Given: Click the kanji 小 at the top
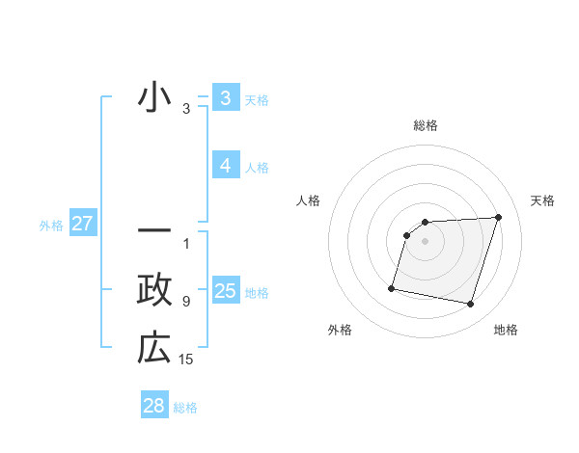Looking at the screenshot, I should pyautogui.click(x=154, y=99).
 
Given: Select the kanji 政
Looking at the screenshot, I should pyautogui.click(x=154, y=290).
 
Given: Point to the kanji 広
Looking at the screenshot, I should pyautogui.click(x=154, y=348).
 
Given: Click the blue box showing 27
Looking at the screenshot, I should pyautogui.click(x=82, y=225).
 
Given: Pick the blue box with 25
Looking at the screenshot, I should pyautogui.click(x=225, y=291).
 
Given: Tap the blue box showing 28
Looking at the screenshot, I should pyautogui.click(x=154, y=406).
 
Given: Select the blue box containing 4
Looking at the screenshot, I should pyautogui.click(x=225, y=166).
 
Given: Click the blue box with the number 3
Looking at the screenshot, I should pyautogui.click(x=225, y=98).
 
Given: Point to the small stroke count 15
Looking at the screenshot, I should pyautogui.click(x=186, y=360).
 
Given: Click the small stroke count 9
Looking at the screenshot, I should pyautogui.click(x=186, y=302).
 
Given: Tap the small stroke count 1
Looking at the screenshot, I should pyautogui.click(x=186, y=244).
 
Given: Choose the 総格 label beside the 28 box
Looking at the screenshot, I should pyautogui.click(x=185, y=408).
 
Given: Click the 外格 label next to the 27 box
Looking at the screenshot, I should pyautogui.click(x=51, y=226).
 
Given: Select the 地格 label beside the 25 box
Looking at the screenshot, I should pyautogui.click(x=257, y=293).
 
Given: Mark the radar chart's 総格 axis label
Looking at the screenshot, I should pyautogui.click(x=425, y=126).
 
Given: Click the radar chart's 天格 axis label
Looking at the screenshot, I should pyautogui.click(x=542, y=200).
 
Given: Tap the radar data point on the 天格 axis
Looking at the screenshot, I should pyautogui.click(x=498, y=217).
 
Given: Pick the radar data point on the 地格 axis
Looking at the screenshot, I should pyautogui.click(x=470, y=305).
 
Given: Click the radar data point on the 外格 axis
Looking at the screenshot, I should pyautogui.click(x=392, y=287).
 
